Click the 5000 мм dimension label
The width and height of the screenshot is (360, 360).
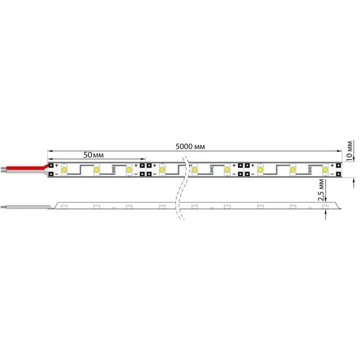pyautogui.click(x=190, y=146)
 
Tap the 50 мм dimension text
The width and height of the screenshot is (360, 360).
pyautogui.click(x=93, y=155)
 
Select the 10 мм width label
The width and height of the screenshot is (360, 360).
pyautogui.click(x=349, y=151)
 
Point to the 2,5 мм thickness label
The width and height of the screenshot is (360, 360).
pyautogui.click(x=321, y=190)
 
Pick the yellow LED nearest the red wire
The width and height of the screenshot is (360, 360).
pyautogui.click(x=64, y=170)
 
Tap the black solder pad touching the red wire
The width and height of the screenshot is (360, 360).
pyautogui.click(x=51, y=165)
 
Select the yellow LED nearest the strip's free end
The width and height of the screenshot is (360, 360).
pyautogui.click(x=325, y=170)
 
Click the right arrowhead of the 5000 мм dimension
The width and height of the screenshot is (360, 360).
pyautogui.click(x=339, y=151)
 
